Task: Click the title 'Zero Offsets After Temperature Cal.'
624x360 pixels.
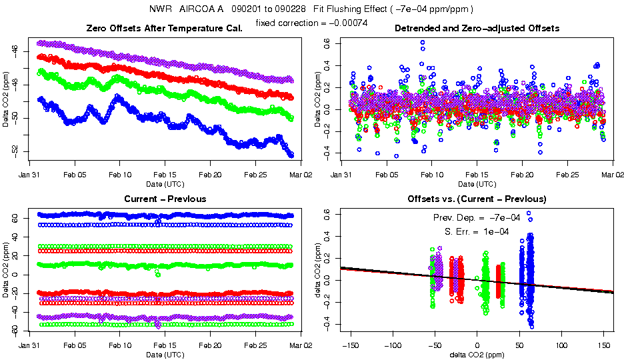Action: pyautogui.click(x=165, y=28)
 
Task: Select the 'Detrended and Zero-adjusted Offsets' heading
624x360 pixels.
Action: pyautogui.click(x=477, y=28)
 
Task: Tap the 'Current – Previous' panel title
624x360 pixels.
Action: pyautogui.click(x=165, y=199)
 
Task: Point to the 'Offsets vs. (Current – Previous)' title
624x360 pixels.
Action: pyautogui.click(x=477, y=199)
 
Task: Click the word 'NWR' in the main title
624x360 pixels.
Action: pyautogui.click(x=161, y=9)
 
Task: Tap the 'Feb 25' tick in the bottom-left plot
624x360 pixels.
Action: pyautogui.click(x=255, y=346)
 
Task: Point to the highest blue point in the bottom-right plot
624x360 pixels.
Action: pyautogui.click(x=529, y=213)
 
